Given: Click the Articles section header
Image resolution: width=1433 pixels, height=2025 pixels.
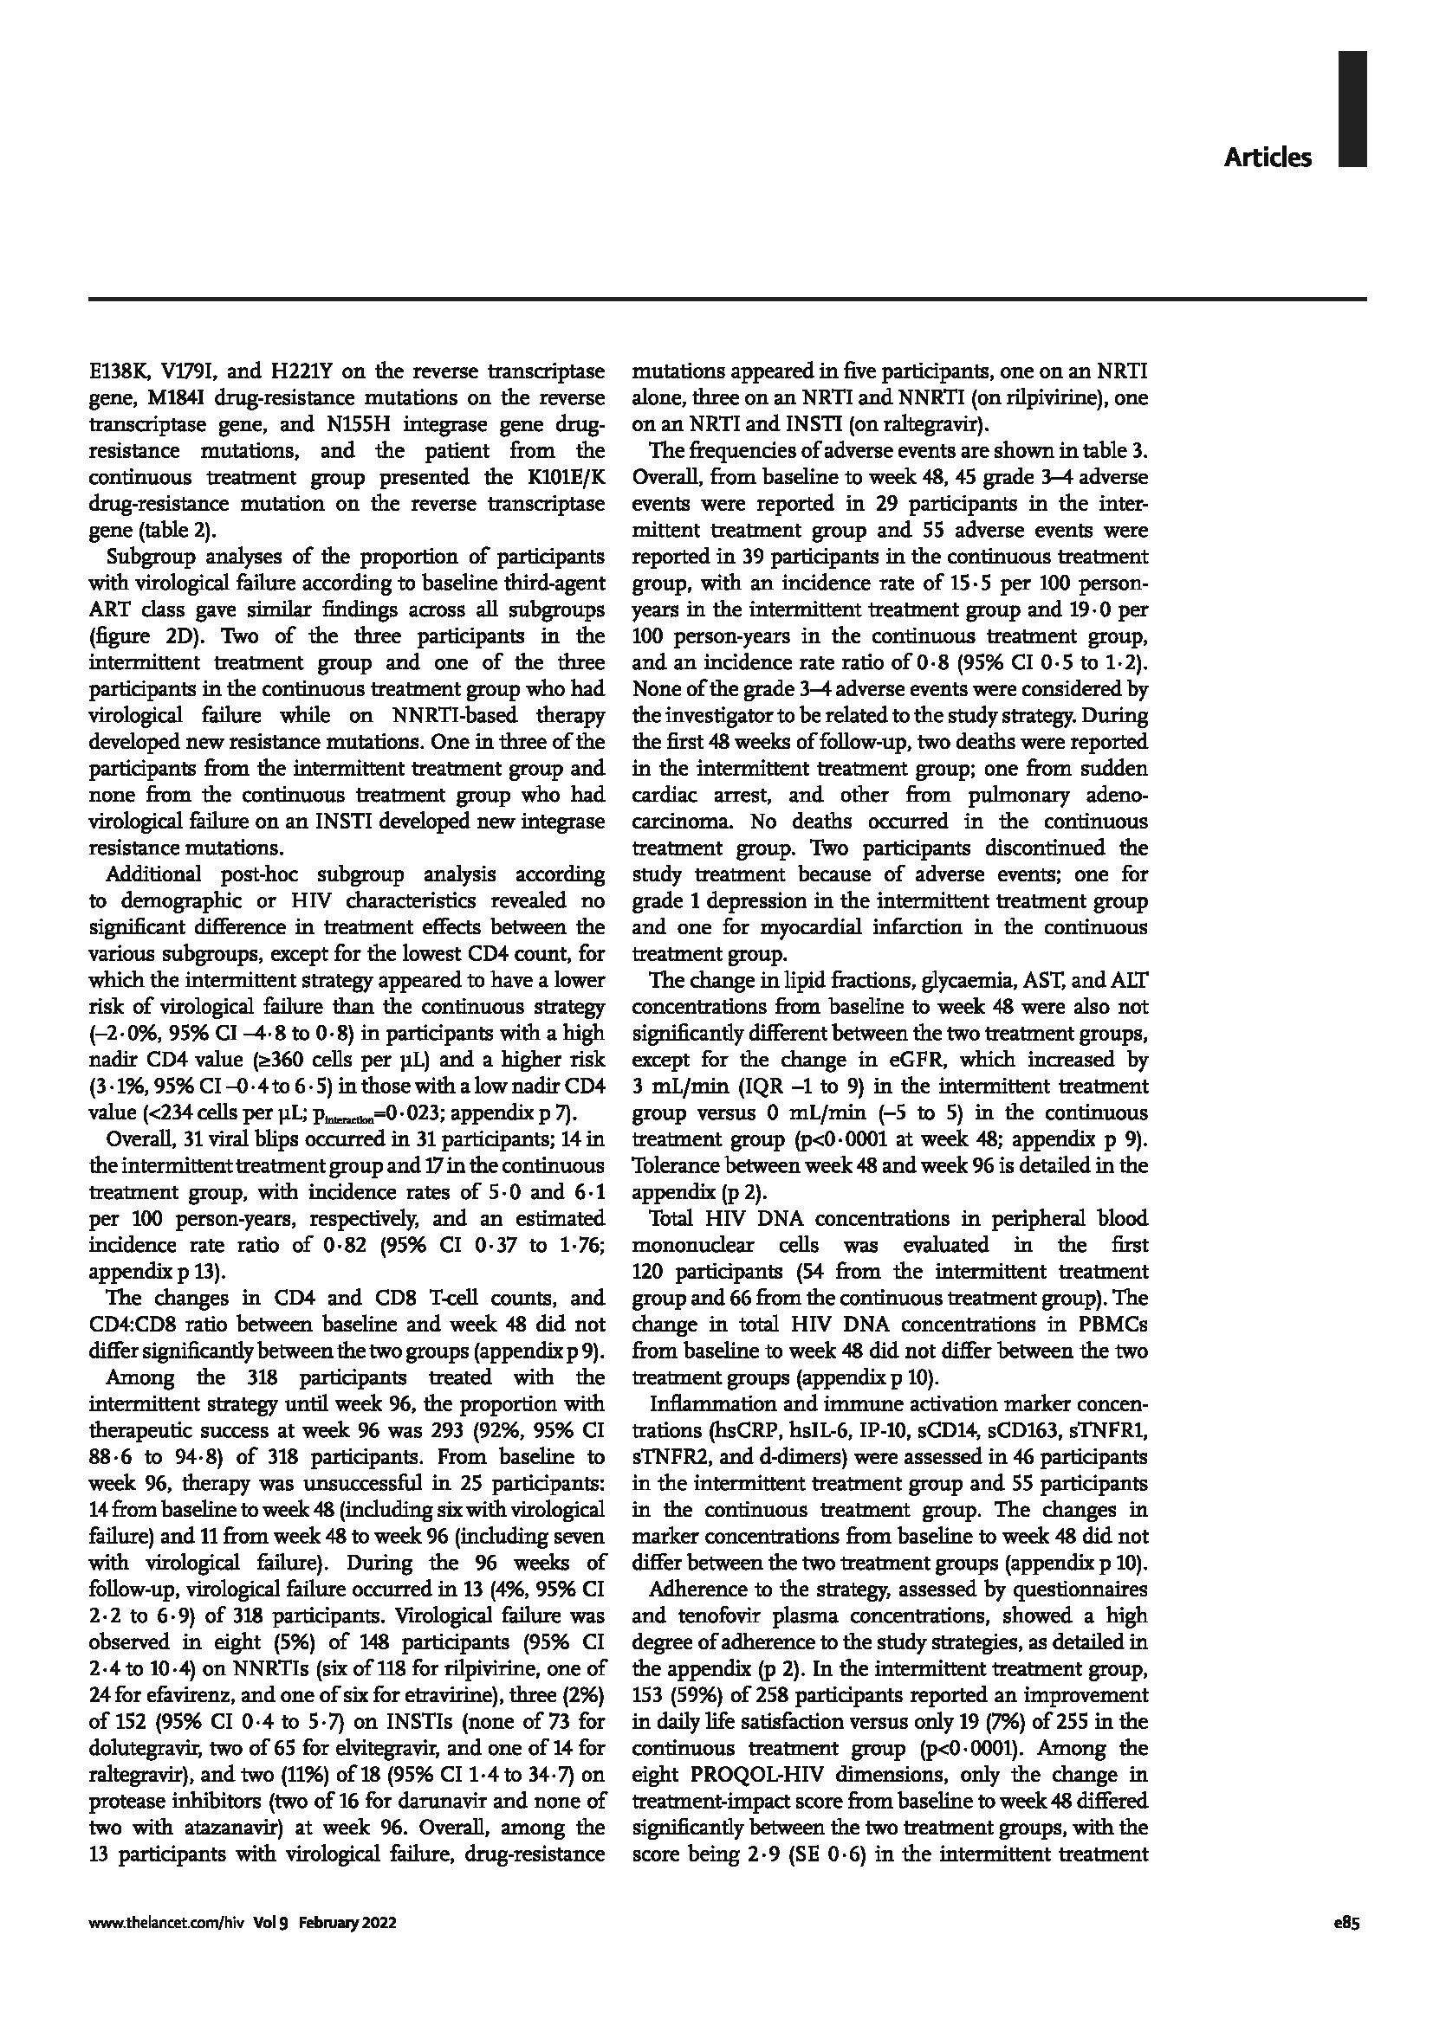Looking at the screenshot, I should [1268, 158].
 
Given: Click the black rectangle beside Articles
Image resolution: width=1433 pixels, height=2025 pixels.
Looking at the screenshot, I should [1352, 108].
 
